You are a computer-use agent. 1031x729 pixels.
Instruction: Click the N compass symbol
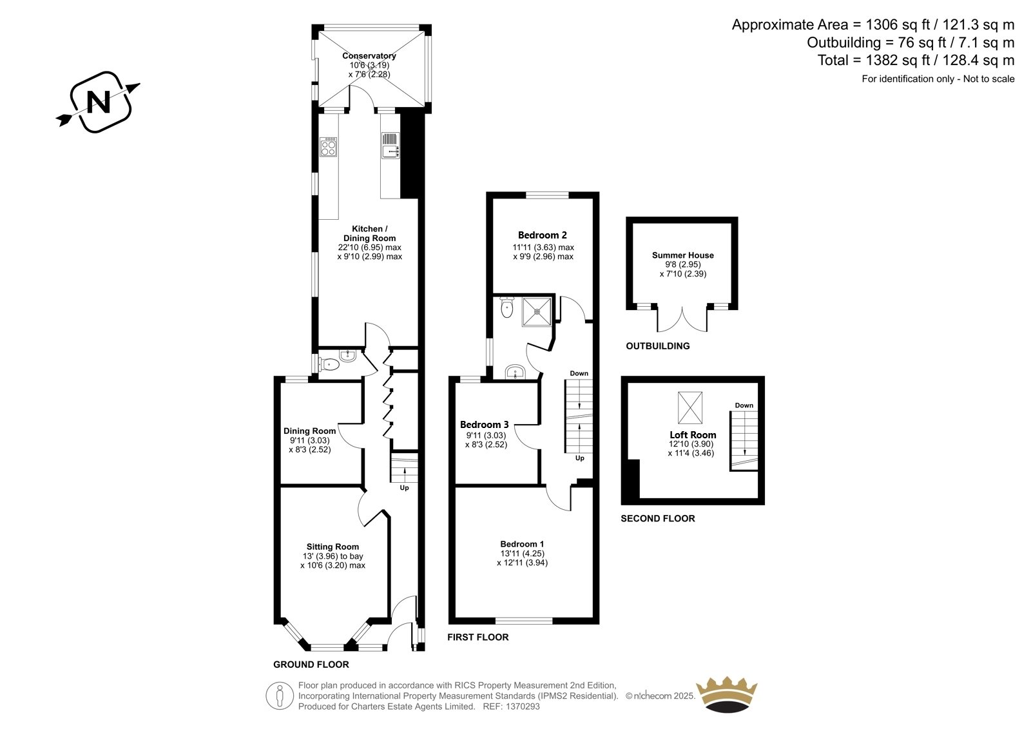(98, 102)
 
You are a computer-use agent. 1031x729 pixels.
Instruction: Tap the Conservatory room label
(369, 55)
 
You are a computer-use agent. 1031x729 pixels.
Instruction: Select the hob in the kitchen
(329, 147)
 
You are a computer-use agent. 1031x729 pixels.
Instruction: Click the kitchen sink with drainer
(390, 145)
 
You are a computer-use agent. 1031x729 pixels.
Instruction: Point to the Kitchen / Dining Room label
(370, 233)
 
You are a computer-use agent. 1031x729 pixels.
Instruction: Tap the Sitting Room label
(332, 547)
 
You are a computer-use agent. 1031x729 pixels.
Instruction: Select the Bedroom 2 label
(542, 235)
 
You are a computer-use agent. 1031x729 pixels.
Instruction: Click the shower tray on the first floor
(537, 312)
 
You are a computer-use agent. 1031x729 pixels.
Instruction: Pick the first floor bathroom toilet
(506, 307)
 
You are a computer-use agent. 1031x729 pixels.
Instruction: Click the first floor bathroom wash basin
(515, 372)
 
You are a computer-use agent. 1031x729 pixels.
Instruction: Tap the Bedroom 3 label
(484, 425)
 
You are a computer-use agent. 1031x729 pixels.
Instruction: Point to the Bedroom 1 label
(522, 544)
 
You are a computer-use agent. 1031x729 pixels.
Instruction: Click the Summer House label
(682, 255)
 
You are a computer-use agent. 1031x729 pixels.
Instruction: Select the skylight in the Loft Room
(690, 407)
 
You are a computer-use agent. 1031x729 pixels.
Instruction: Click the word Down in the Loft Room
(744, 405)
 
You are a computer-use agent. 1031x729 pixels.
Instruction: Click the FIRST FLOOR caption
(478, 637)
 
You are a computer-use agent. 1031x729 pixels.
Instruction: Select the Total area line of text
(916, 61)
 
